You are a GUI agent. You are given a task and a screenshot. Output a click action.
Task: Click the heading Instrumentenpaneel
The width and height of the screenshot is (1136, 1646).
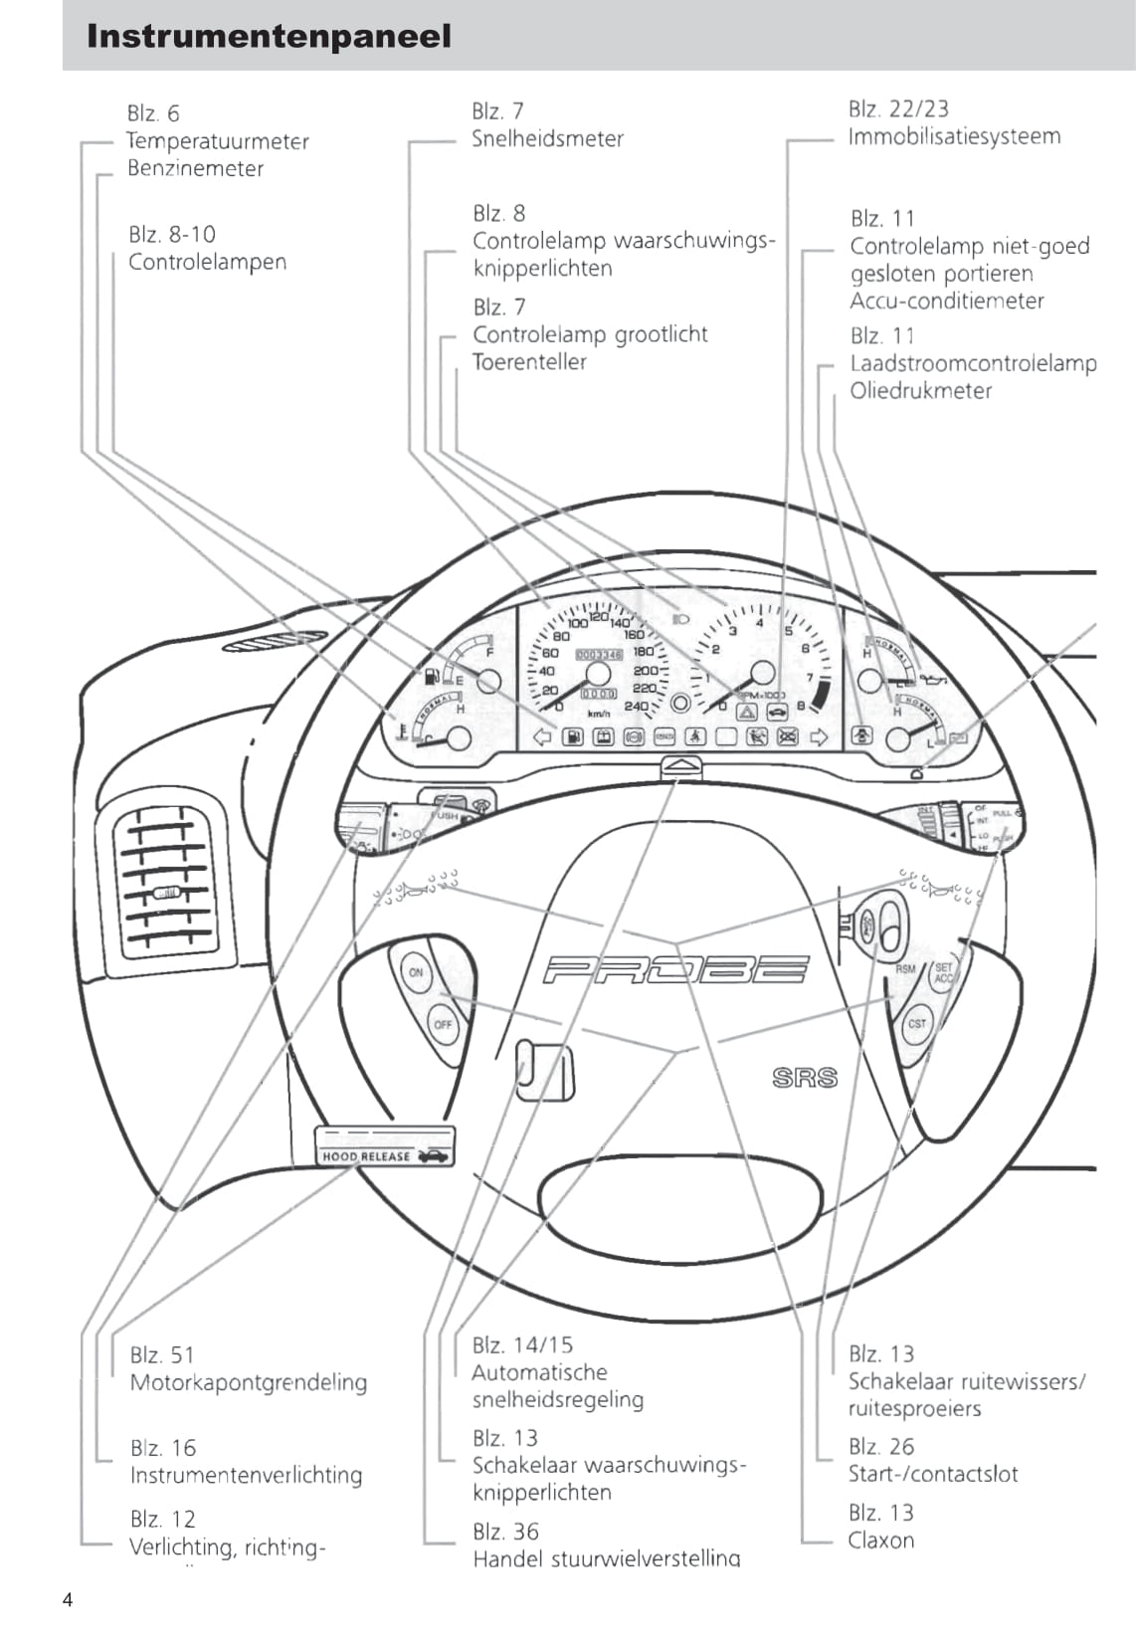tap(269, 37)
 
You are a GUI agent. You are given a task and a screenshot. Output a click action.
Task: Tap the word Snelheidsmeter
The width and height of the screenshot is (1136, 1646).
tap(547, 139)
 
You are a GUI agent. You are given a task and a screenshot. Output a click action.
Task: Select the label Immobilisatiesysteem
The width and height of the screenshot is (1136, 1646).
tap(954, 136)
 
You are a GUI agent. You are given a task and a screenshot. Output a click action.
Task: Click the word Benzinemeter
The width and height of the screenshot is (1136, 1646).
tap(195, 169)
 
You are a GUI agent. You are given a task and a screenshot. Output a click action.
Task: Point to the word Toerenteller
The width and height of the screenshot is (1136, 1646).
tap(529, 362)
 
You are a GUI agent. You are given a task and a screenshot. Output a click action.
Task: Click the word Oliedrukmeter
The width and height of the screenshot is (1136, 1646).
tap(920, 391)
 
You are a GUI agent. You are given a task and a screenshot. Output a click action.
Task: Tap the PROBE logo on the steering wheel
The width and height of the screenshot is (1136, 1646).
tap(676, 969)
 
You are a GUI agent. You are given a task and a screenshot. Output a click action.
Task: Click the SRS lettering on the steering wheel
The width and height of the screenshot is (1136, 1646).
tap(805, 1078)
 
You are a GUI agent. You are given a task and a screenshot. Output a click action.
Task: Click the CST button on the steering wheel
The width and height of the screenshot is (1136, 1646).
tap(916, 1024)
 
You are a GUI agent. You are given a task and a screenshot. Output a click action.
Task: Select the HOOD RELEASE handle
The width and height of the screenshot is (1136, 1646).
tap(384, 1146)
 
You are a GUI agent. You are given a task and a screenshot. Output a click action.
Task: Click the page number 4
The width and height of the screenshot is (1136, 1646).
tap(68, 1600)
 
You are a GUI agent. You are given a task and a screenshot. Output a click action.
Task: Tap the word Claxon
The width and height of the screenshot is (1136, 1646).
tap(880, 1541)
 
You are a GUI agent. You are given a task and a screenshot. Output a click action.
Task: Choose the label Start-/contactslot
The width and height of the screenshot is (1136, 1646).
tap(933, 1474)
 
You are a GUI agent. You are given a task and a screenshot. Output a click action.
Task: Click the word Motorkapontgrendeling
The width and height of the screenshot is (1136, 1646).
tap(248, 1382)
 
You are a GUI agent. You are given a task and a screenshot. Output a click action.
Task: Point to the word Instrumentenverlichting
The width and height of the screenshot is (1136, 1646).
tap(246, 1475)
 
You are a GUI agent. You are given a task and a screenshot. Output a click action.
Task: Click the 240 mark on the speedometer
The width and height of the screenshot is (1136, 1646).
tap(636, 707)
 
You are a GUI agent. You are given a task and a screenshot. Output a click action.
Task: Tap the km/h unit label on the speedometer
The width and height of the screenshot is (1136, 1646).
tap(599, 715)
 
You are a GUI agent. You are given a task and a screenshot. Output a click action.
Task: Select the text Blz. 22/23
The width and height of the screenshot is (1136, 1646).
tap(898, 108)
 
